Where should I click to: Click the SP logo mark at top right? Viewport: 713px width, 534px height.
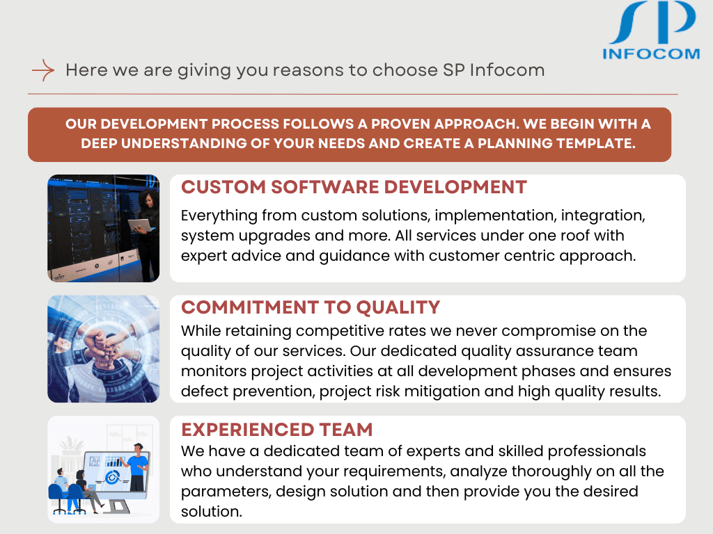(651, 24)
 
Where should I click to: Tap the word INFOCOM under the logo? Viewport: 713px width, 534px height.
(650, 54)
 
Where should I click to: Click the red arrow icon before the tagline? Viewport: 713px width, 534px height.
(43, 70)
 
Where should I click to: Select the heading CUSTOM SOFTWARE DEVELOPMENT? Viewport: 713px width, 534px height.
(354, 187)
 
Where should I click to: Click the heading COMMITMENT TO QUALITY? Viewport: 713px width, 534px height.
(311, 307)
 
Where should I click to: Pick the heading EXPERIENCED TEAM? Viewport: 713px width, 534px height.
(277, 429)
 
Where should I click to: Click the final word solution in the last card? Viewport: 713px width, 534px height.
(210, 512)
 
